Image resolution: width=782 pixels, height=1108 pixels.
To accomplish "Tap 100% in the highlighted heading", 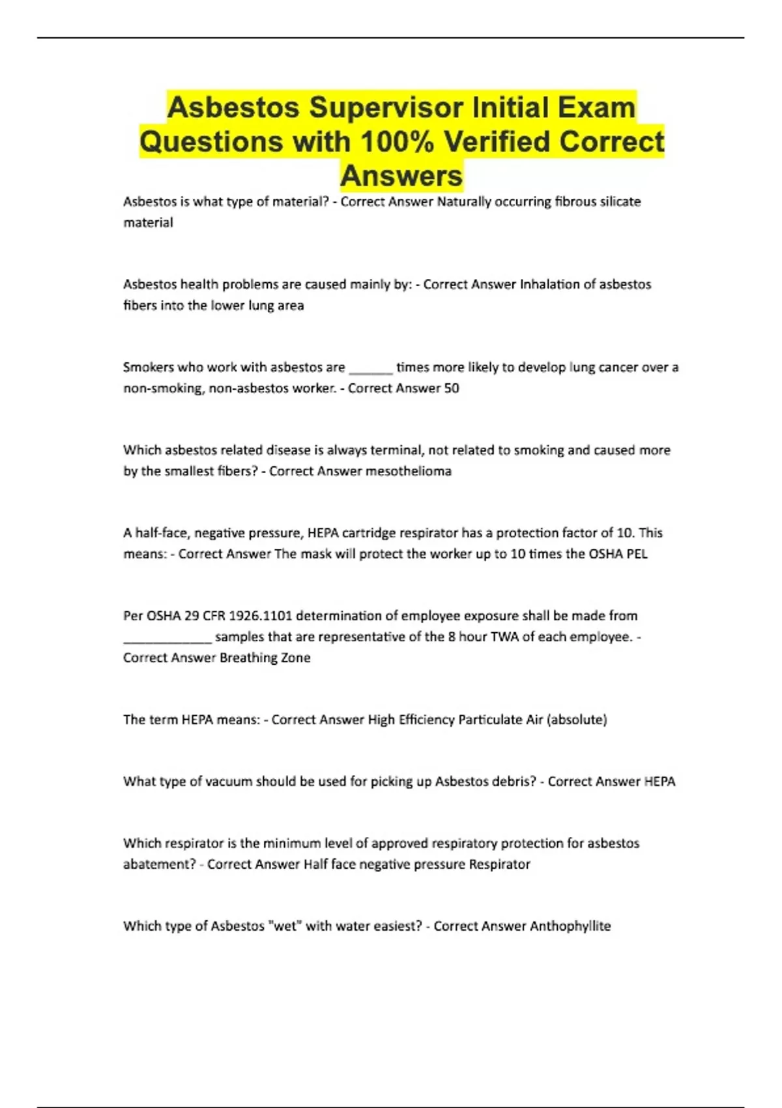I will click(x=396, y=142).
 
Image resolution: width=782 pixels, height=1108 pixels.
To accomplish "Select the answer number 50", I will click(x=451, y=388).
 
